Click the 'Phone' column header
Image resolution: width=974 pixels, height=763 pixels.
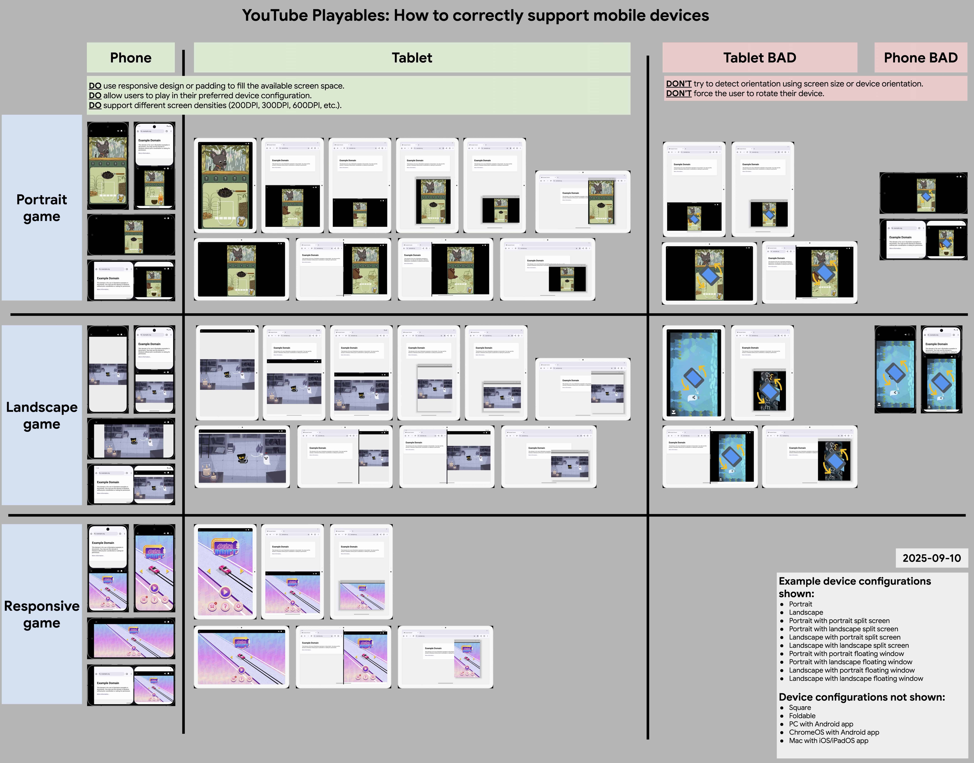[131, 58]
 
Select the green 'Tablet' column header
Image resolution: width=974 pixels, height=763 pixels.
[412, 58]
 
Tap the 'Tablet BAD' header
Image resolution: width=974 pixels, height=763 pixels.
[759, 58]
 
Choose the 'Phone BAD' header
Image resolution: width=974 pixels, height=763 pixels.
[920, 58]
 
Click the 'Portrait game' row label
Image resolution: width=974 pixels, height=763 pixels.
[42, 208]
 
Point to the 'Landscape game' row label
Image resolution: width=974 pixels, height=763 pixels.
[42, 415]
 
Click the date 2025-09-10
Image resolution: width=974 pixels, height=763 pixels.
[932, 558]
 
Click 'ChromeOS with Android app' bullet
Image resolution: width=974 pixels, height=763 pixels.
[834, 732]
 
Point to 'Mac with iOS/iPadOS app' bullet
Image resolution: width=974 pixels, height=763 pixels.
[828, 741]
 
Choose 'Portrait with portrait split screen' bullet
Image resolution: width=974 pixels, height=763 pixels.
[839, 620]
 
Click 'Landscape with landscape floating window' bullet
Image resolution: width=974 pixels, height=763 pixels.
[856, 679]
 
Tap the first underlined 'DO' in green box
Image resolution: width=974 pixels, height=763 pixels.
[95, 86]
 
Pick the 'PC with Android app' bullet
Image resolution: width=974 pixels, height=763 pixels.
[821, 724]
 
